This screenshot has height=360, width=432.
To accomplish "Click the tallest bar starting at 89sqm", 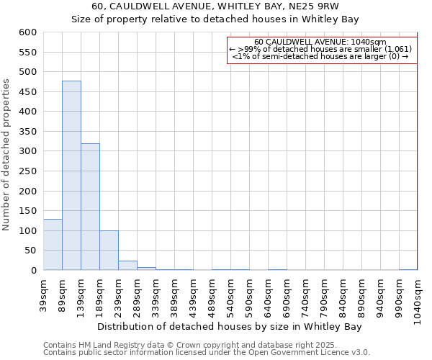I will click(x=71, y=176).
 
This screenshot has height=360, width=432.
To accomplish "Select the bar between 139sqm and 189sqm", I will click(x=90, y=207).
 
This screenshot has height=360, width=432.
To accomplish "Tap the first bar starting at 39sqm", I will click(x=53, y=245).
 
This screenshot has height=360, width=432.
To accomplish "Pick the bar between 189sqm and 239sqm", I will click(x=109, y=251).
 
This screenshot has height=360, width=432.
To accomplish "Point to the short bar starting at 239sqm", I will click(x=127, y=266).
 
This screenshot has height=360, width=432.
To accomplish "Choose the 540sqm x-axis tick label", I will click(x=231, y=293).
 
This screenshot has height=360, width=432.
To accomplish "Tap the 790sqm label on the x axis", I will click(x=325, y=293).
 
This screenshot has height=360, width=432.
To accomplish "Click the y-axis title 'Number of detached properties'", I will click(x=7, y=154).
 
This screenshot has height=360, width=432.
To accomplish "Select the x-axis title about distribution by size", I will click(x=230, y=327).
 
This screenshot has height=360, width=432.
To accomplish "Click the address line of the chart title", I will click(x=215, y=6).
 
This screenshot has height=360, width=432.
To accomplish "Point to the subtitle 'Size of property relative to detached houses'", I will click(x=215, y=19).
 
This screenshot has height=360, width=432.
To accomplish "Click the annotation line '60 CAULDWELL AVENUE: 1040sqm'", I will click(x=320, y=42).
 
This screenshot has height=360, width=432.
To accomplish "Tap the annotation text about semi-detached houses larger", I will click(x=320, y=56).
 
